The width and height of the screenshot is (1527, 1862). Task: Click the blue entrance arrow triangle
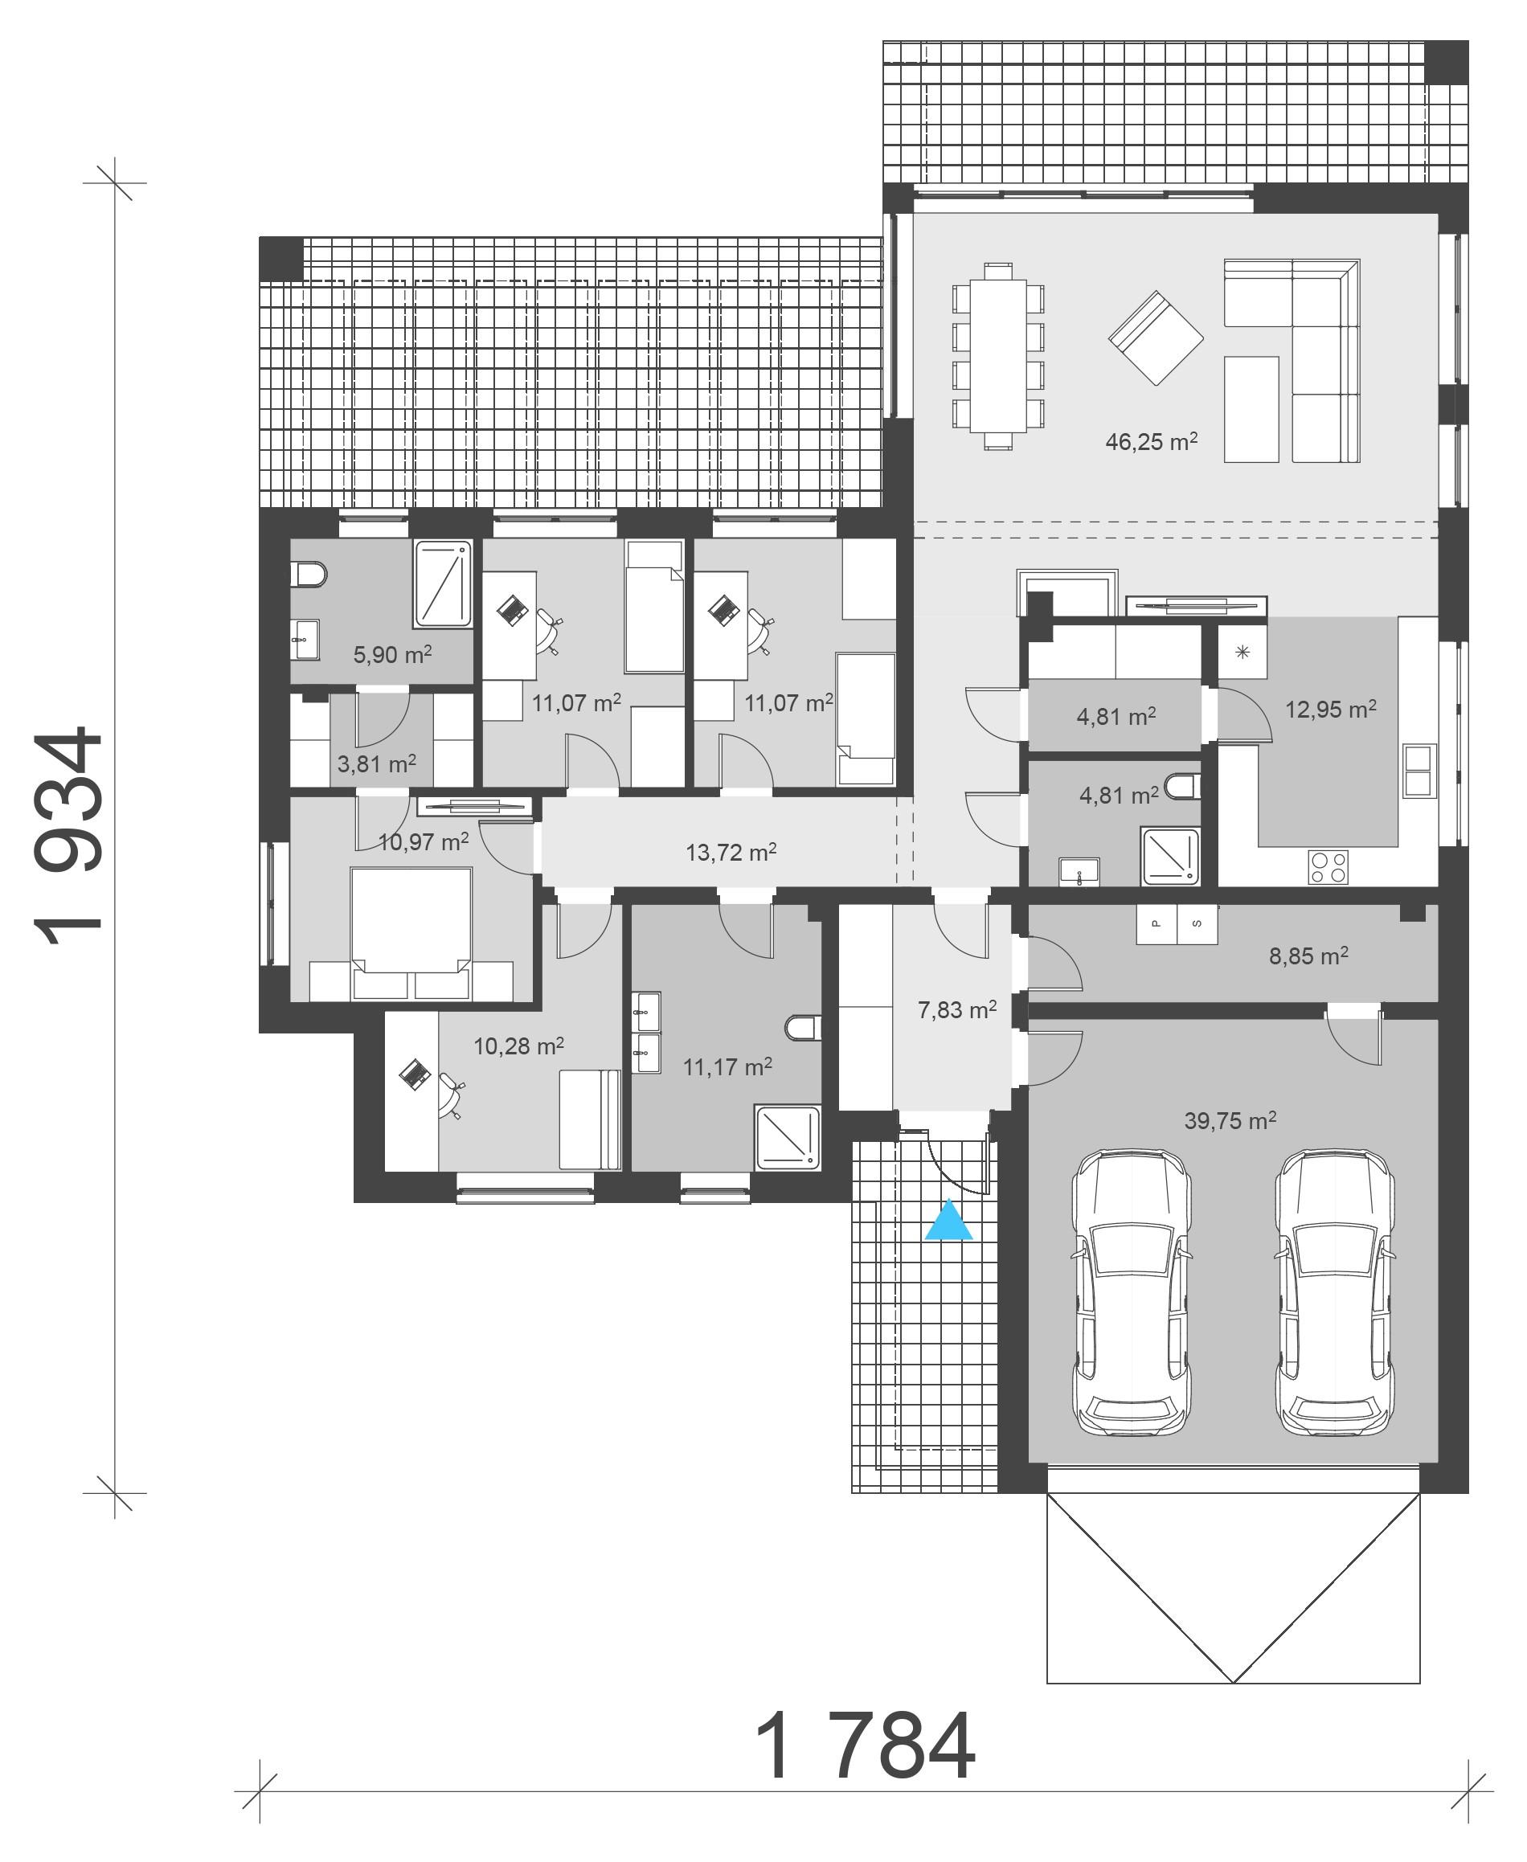tap(948, 1222)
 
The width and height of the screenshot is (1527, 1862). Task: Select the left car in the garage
tap(1131, 1292)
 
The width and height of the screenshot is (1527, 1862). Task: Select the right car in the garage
tap(1335, 1292)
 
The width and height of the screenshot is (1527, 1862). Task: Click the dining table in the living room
tap(997, 355)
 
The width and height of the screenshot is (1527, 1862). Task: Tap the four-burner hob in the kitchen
tap(1328, 866)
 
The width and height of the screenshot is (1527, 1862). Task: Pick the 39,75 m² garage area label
tap(1230, 1120)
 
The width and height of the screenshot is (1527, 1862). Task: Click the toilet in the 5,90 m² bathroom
tap(308, 575)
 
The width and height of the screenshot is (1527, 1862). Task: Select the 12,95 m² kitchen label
tap(1330, 709)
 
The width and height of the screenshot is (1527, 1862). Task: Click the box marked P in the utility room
tap(1157, 923)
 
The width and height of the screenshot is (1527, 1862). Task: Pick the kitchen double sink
tap(1419, 771)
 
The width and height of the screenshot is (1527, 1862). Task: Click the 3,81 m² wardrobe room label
tap(376, 763)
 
